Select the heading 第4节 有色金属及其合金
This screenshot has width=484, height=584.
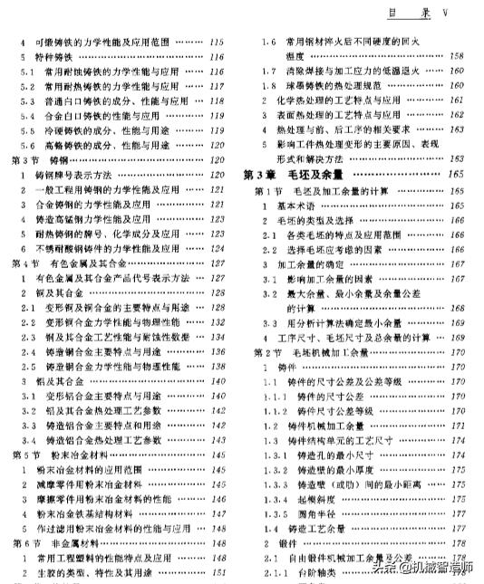(69, 263)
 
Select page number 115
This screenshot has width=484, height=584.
(218, 42)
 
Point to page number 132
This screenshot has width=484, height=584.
(218, 322)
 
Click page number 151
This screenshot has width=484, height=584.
(218, 572)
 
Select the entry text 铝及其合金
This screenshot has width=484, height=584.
(58, 381)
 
